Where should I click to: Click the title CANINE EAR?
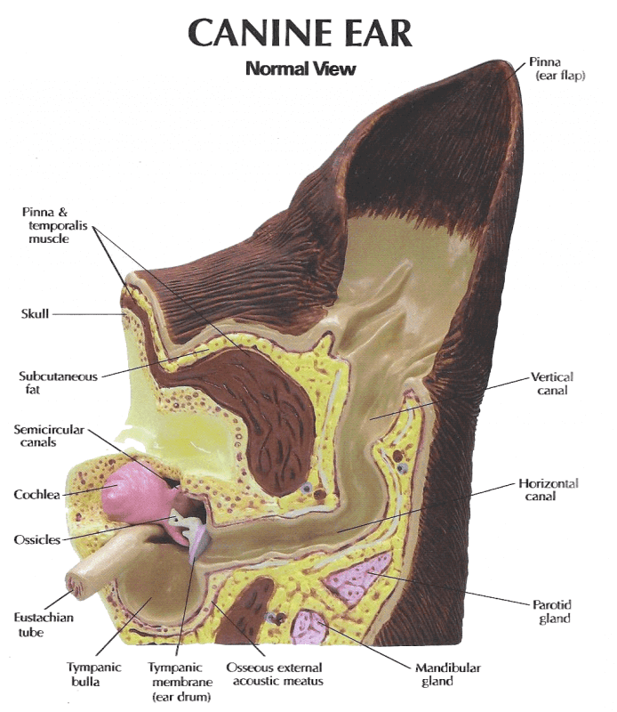(x=300, y=32)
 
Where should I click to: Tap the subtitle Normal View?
(x=300, y=69)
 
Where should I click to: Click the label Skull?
(x=35, y=314)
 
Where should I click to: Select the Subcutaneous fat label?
(x=58, y=383)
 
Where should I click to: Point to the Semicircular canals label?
(x=49, y=436)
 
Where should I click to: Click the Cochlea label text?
(x=36, y=495)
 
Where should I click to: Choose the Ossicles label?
(x=37, y=540)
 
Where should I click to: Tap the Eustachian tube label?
(x=44, y=625)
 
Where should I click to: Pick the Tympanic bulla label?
(x=94, y=675)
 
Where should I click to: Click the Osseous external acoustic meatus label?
(x=275, y=675)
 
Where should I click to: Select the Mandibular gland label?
(x=448, y=675)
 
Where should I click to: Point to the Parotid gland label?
(x=552, y=611)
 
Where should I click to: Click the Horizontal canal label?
(x=549, y=489)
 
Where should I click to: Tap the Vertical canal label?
(x=552, y=384)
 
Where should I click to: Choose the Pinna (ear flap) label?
(x=557, y=69)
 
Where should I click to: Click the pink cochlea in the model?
(x=130, y=495)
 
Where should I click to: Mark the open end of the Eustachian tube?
(x=76, y=586)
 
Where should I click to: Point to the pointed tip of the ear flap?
(x=504, y=62)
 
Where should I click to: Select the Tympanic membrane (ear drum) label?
(x=180, y=681)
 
